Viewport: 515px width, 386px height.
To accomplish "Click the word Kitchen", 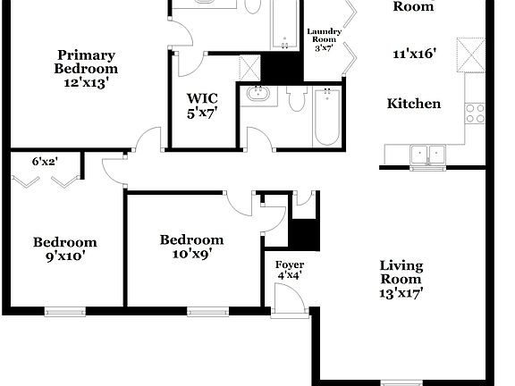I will click(x=413, y=104).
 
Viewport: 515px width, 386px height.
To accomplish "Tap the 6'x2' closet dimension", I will click(x=44, y=162).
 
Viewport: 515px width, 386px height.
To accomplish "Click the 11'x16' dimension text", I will click(x=414, y=54).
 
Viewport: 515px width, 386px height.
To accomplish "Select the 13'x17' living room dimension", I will click(x=401, y=292).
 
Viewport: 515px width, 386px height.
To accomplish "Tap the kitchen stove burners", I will click(x=475, y=113).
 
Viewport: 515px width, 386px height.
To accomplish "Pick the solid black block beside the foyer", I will click(x=306, y=233).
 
